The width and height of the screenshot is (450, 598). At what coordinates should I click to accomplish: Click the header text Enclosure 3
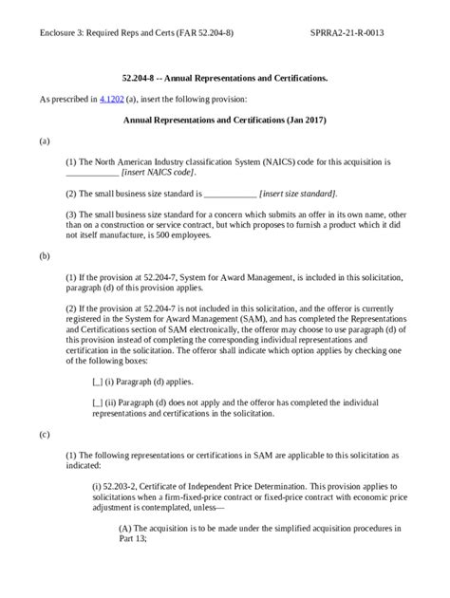click(67, 32)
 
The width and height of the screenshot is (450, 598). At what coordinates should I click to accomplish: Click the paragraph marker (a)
click(45, 140)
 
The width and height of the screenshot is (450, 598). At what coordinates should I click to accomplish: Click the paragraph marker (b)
click(45, 256)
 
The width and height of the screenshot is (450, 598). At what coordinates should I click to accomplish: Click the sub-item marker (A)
click(125, 527)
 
